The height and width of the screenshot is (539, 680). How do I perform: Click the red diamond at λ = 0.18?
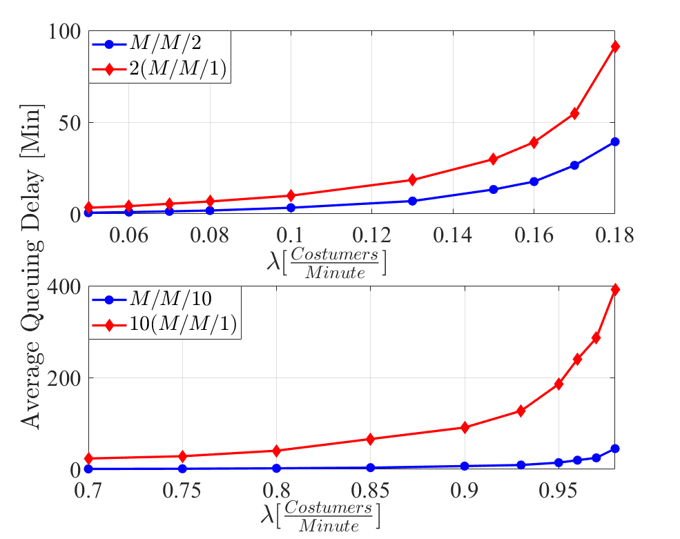coord(614,46)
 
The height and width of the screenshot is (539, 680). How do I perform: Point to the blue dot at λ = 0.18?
coord(614,141)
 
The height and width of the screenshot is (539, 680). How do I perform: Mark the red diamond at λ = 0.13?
coord(412,179)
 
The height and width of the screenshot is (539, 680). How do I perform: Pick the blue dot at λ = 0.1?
coord(291,208)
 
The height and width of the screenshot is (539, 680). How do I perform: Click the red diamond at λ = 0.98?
coord(614,289)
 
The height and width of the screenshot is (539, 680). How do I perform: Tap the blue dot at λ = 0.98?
coord(614,449)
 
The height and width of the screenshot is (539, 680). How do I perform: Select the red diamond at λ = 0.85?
coord(371,439)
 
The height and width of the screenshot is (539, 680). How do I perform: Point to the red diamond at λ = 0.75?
coord(183,456)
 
